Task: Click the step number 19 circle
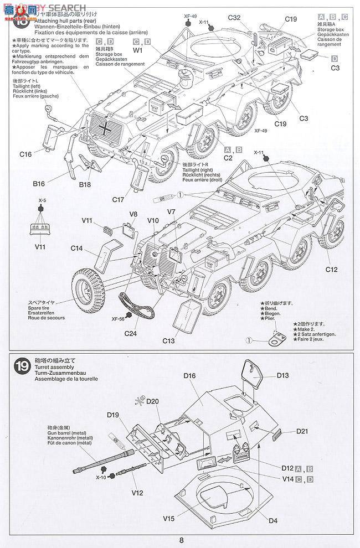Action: (22, 366)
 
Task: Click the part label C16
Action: (25, 155)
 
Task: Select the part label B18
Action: (85, 184)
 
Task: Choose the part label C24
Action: (131, 333)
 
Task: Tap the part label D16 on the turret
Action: (190, 376)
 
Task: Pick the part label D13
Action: (282, 376)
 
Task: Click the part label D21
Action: (302, 431)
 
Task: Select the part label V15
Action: (169, 519)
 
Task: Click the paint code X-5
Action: (42, 201)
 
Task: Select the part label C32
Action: (234, 18)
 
